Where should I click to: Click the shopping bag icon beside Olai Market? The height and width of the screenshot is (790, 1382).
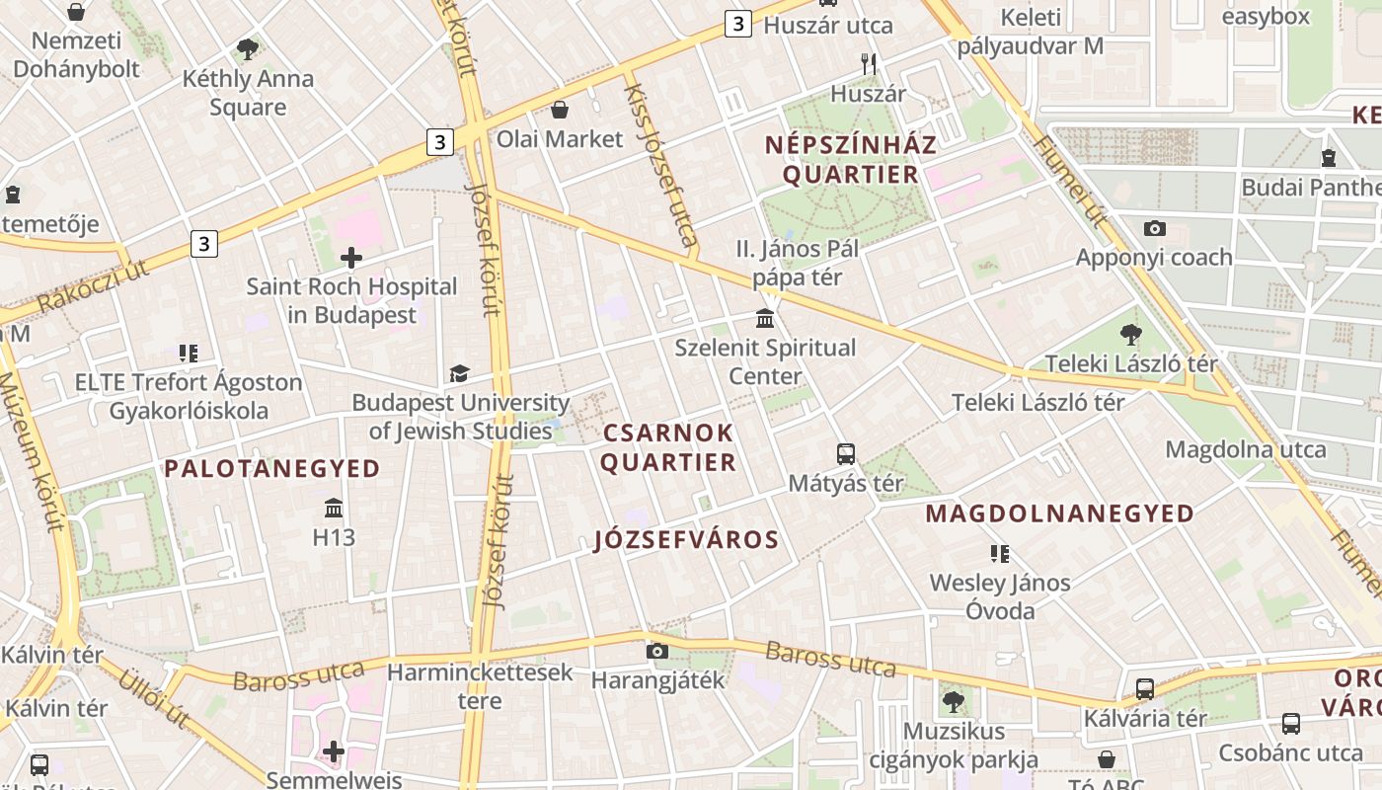560,110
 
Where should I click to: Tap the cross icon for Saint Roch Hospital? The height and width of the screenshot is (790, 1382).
350,259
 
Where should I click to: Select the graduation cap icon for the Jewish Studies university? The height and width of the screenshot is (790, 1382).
459,373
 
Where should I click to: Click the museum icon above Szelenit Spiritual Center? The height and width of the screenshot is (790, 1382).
765,319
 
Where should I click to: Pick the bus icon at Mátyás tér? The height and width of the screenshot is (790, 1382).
846,454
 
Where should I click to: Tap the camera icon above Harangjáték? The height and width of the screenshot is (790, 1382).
656,651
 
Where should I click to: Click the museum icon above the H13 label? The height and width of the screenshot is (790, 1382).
334,509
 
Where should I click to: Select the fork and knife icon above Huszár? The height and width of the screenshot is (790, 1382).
868,64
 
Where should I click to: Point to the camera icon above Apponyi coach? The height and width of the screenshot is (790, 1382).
1154,228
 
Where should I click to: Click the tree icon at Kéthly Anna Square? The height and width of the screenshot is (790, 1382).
248,48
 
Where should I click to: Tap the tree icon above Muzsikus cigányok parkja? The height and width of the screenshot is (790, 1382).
953,702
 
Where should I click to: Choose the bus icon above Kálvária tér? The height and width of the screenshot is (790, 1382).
1145,688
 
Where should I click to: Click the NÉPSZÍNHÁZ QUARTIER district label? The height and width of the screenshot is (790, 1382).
851,160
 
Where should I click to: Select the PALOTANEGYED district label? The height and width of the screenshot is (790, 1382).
272,469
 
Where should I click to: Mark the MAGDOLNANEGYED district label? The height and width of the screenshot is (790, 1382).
1060,513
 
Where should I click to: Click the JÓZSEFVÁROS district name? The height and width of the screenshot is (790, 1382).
687,540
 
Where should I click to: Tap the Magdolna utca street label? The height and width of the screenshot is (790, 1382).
1246,450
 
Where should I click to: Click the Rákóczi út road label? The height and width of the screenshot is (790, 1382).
93,287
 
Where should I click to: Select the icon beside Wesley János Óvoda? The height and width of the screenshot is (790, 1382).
1000,554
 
